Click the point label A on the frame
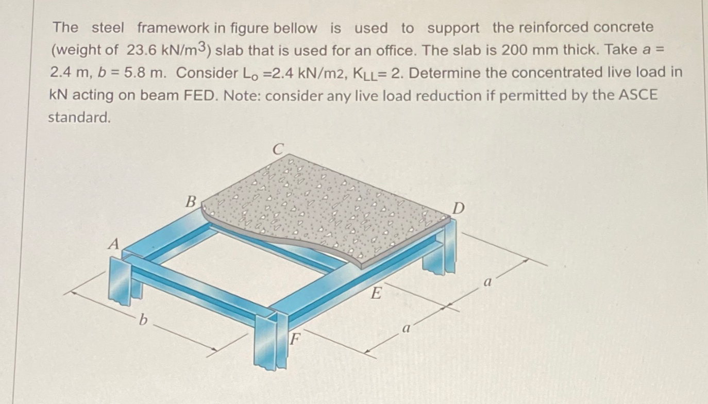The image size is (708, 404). pos(112,244)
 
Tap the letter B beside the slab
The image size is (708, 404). pos(191,201)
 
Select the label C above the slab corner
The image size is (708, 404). pos(278,149)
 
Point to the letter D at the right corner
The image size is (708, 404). pos(459,209)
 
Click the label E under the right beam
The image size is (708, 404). pos(377,294)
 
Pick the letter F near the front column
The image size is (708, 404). pos(294,340)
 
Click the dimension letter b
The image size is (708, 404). pos(144,321)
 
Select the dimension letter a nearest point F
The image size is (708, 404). pos(406,328)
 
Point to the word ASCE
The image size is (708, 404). pos(636,96)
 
